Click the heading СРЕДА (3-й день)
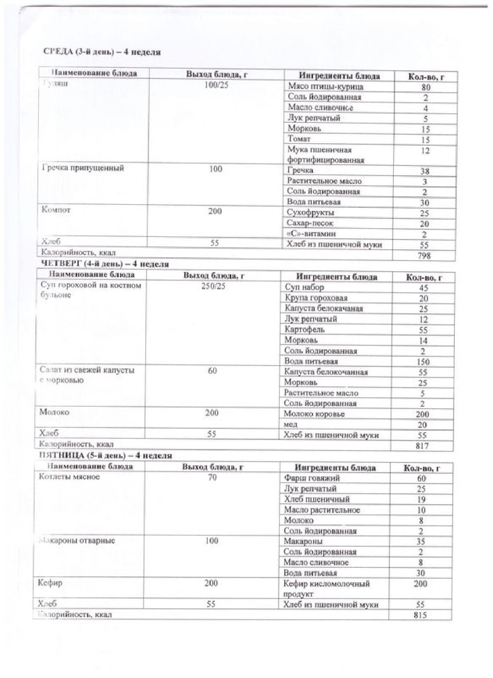pos(102,52)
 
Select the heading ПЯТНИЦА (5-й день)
pos(105,455)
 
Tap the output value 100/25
pos(216,85)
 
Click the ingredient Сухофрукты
pos(311,213)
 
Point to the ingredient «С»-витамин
pos(314,234)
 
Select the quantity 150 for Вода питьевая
pos(423,362)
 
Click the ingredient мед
pos(291,424)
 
